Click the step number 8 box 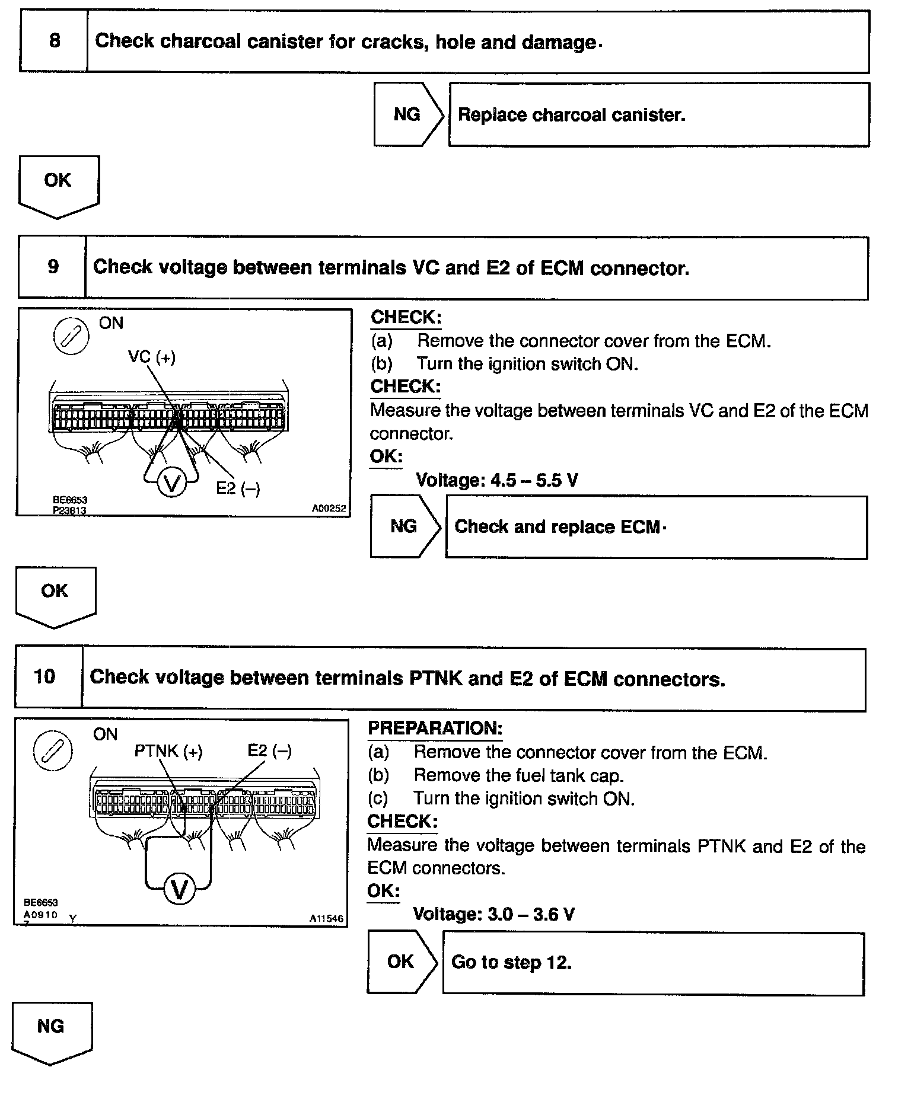(x=54, y=41)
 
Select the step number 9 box (x=53, y=267)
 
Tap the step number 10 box (x=45, y=677)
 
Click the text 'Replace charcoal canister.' (x=571, y=115)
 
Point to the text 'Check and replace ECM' (x=557, y=527)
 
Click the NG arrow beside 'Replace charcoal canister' (x=407, y=114)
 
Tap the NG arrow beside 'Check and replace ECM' (x=404, y=526)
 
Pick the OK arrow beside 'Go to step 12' (x=401, y=961)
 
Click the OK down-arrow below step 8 (x=58, y=184)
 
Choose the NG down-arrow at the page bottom (x=51, y=1030)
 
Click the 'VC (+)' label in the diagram (x=152, y=357)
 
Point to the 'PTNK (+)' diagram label (x=168, y=751)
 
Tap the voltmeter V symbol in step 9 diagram (x=171, y=484)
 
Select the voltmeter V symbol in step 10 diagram (x=179, y=890)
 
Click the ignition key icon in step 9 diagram (x=71, y=337)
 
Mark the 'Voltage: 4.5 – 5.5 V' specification (x=496, y=480)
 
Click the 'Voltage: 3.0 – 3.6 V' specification (x=493, y=914)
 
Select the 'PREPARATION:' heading (x=435, y=728)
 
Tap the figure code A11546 (x=326, y=918)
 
